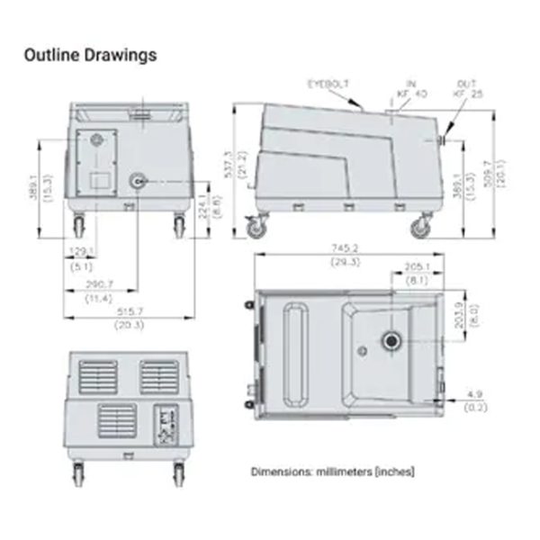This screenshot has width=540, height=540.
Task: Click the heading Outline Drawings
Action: click(90, 55)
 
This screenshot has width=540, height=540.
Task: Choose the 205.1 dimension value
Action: click(416, 267)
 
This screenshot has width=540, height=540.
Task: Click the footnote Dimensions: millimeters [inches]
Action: click(332, 471)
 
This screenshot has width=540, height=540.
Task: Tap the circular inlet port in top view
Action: click(392, 340)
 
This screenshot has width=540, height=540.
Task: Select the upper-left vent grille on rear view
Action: click(97, 376)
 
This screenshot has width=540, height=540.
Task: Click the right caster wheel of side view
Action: click(419, 229)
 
